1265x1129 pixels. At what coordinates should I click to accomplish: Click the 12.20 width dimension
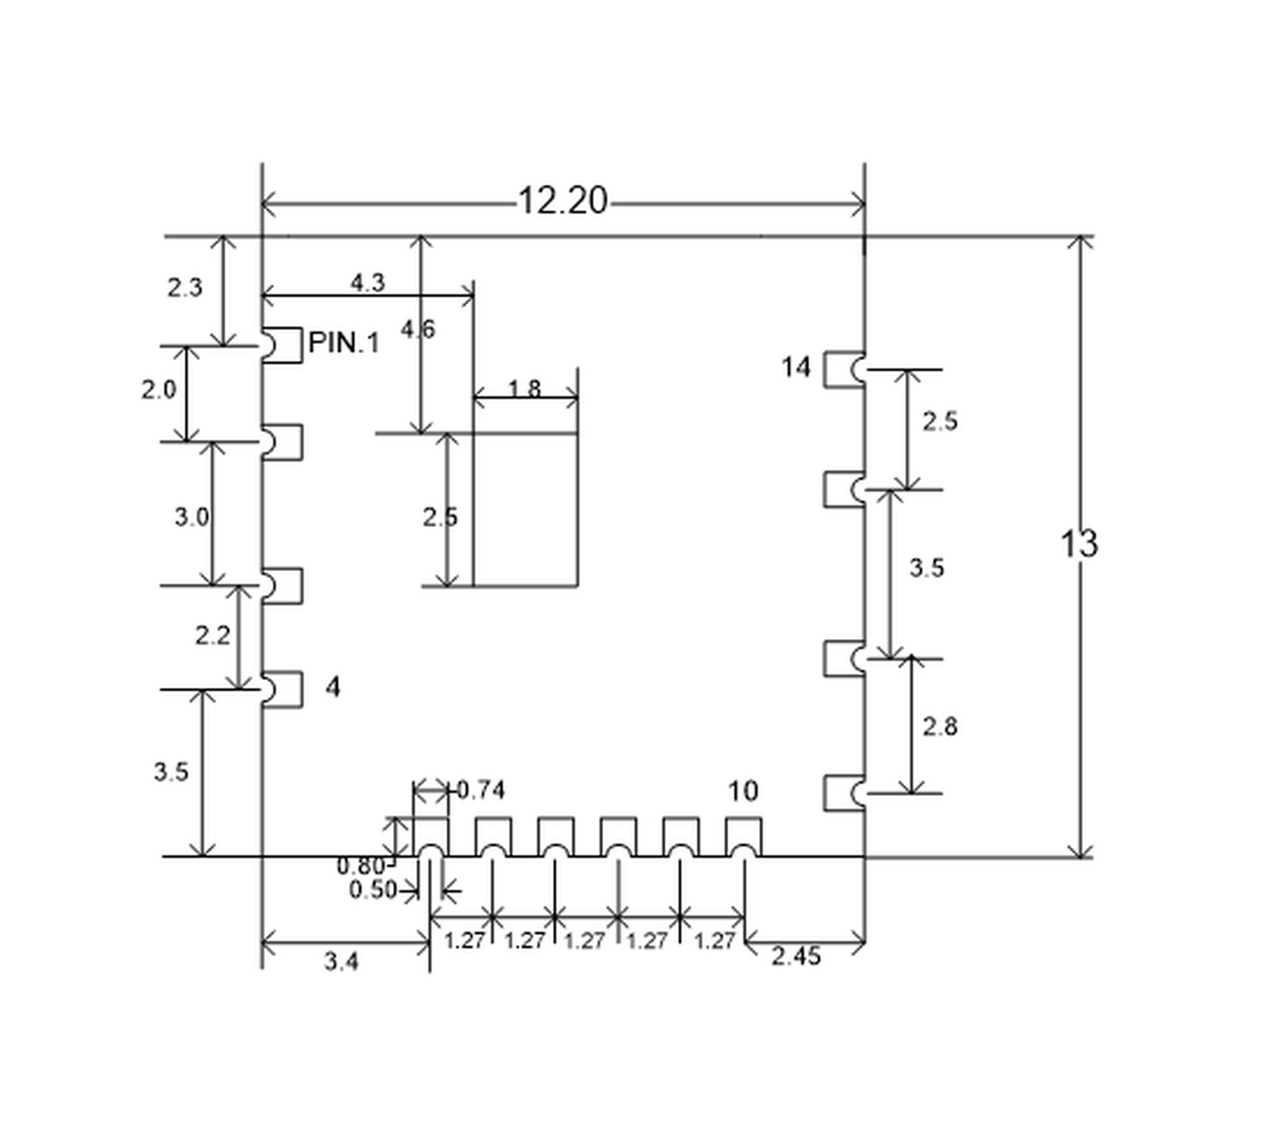(563, 201)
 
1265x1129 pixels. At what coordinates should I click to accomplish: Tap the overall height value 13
(1079, 544)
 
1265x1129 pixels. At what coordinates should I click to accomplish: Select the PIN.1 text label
(344, 343)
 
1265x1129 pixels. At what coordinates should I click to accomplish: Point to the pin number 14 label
(796, 367)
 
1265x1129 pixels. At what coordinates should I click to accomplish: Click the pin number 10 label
(743, 791)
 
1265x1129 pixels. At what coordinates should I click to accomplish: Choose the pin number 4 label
(333, 688)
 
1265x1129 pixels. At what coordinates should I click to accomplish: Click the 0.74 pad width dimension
(481, 790)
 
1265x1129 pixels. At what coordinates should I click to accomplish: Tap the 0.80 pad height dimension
(361, 866)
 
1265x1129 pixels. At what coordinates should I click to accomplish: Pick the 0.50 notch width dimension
(373, 890)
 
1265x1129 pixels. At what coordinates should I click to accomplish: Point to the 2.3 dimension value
(185, 288)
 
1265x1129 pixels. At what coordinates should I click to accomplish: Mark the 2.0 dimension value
(159, 390)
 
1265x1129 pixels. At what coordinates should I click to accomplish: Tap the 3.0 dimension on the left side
(192, 517)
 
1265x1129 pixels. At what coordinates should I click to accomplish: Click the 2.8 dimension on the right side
(940, 727)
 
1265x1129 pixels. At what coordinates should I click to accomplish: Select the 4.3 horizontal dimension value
(368, 283)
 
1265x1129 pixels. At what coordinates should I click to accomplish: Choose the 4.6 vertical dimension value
(418, 330)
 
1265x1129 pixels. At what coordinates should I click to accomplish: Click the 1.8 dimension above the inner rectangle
(525, 389)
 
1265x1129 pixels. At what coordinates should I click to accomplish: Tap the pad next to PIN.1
(282, 345)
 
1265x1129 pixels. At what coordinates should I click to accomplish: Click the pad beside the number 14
(845, 370)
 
